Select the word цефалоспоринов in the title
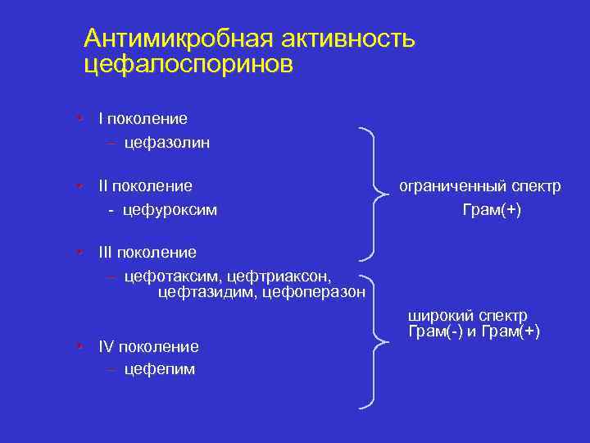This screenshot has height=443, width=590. (188, 65)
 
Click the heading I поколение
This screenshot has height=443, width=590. (143, 119)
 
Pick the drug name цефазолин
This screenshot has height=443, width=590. (167, 143)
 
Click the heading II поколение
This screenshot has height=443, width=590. (145, 186)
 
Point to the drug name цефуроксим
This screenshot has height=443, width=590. (170, 210)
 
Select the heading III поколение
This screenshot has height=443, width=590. (147, 251)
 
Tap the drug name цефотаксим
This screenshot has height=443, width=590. (170, 276)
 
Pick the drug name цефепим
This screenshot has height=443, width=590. (160, 369)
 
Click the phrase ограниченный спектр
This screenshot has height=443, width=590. (480, 186)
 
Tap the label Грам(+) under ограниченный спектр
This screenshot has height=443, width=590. (492, 210)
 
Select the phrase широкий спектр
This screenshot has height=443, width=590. (468, 316)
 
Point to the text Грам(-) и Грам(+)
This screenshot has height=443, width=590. (474, 331)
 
